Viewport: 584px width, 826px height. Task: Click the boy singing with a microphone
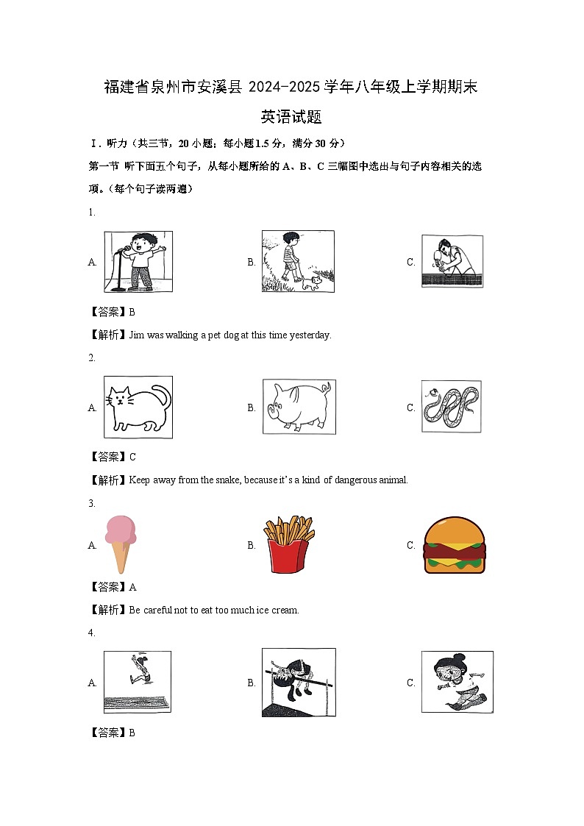point(138,262)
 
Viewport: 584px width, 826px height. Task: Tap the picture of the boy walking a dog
point(297,261)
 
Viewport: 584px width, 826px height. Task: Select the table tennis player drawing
point(452,261)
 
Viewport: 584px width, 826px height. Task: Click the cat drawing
point(138,407)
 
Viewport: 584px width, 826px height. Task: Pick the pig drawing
point(299,407)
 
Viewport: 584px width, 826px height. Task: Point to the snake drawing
point(452,407)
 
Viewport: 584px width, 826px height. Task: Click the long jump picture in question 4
point(137,682)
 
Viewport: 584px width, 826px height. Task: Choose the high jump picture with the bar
point(299,682)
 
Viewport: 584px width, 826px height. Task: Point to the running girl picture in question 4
point(457,682)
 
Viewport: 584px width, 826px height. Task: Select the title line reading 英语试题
point(291,117)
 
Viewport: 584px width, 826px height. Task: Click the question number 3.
point(92,504)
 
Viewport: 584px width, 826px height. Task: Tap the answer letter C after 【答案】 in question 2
point(132,457)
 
